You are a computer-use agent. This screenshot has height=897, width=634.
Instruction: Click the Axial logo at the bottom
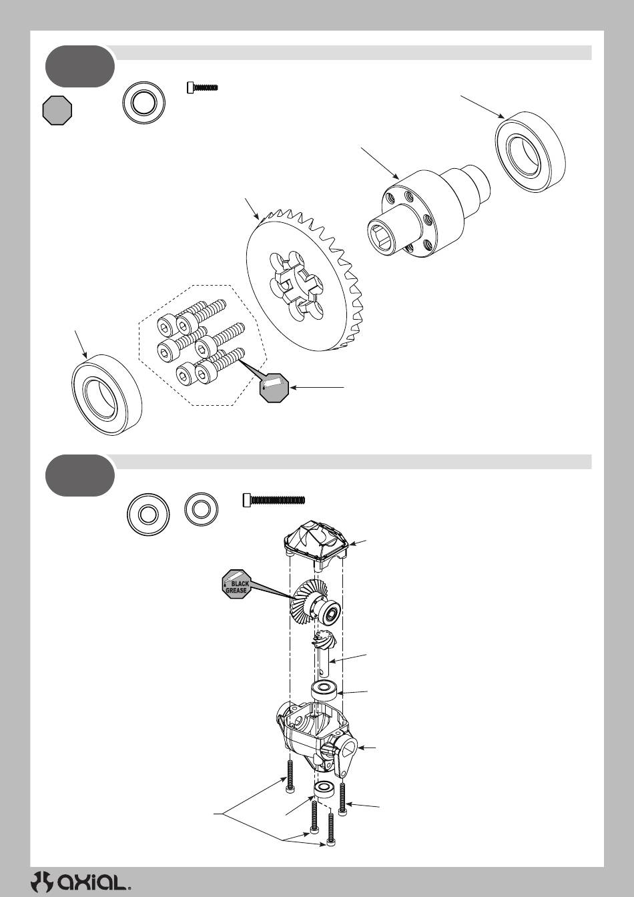coord(81,882)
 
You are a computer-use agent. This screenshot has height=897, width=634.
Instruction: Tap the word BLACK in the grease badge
coord(240,584)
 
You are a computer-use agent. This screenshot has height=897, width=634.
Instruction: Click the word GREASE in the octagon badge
coord(236,591)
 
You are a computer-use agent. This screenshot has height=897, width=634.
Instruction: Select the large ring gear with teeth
coord(305,280)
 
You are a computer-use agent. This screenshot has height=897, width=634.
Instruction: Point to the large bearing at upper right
coord(531,152)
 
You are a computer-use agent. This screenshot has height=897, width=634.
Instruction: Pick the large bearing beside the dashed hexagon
coord(107,394)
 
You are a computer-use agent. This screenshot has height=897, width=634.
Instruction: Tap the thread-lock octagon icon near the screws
coord(274,387)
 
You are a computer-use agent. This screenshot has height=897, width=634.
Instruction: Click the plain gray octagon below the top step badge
coord(57,110)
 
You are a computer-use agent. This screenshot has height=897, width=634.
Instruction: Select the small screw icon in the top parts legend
coord(202,87)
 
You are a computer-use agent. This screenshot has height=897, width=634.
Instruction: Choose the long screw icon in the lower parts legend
coord(274,500)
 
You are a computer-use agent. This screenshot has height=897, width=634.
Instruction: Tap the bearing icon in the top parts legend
coord(143,103)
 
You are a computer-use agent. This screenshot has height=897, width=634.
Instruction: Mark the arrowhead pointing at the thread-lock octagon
coord(293,387)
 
